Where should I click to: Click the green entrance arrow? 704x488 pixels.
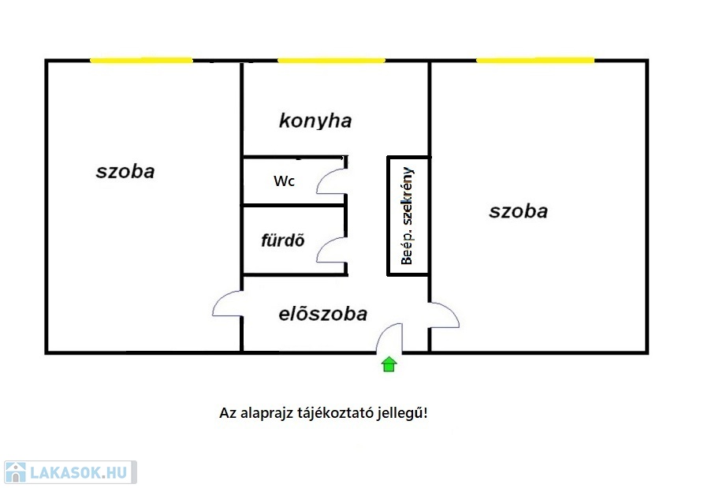click(389, 364)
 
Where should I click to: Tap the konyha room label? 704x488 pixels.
click(315, 121)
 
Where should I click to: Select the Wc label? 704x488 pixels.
click(285, 181)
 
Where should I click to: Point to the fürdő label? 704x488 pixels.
click(283, 240)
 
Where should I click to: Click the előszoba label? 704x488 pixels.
click(322, 314)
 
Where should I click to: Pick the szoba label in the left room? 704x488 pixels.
click(125, 172)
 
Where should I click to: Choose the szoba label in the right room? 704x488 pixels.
click(519, 211)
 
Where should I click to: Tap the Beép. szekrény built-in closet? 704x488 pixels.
click(408, 216)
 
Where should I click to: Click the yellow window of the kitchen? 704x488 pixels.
click(331, 60)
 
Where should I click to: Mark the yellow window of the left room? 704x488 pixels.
click(141, 60)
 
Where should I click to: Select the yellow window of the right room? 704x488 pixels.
click(535, 60)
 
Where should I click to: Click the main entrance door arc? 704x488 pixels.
click(382, 331)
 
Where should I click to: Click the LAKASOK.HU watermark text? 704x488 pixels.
click(79, 473)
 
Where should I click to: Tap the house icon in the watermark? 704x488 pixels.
click(15, 473)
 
